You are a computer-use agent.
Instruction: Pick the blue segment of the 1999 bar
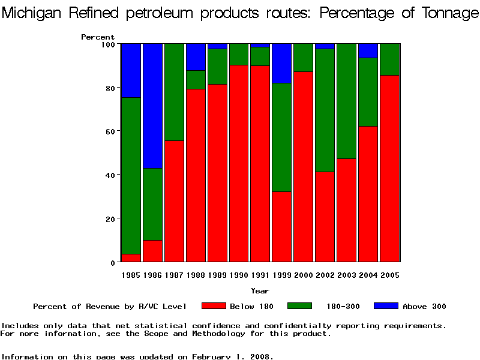(x=282, y=63)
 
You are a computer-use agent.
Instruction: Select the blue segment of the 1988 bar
(x=196, y=57)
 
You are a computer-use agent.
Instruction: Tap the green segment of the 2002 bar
(x=325, y=110)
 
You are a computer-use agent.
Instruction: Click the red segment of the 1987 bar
(x=174, y=201)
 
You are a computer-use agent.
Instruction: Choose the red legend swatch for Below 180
(x=214, y=306)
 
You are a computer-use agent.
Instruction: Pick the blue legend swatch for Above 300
(x=386, y=306)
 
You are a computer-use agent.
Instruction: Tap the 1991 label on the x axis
(x=260, y=275)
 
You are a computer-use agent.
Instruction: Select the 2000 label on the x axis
(x=304, y=275)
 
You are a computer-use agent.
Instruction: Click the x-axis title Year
(x=260, y=291)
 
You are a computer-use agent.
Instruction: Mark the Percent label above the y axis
(x=98, y=37)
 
